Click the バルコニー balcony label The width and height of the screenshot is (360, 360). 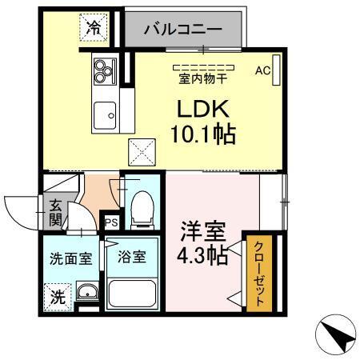(x=183, y=30)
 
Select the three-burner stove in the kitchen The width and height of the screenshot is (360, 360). (x=105, y=71)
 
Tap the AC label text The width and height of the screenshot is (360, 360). (x=261, y=70)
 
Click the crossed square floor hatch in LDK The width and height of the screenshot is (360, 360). (x=143, y=150)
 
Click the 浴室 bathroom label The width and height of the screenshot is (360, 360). (x=132, y=258)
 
